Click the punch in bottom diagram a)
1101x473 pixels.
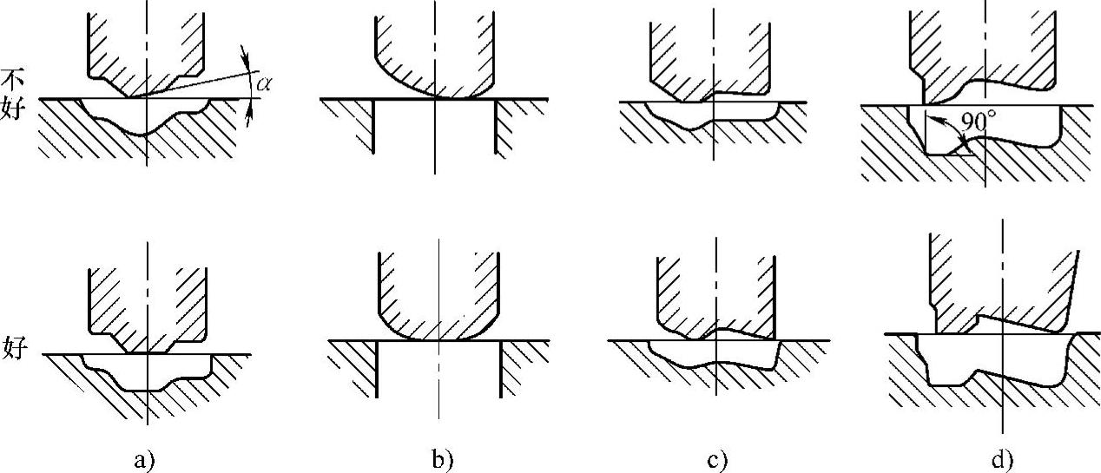tap(148, 304)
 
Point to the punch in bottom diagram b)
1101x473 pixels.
tap(438, 295)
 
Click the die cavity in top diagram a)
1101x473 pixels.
tap(148, 115)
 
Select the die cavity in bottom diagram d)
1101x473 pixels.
tap(990, 360)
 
